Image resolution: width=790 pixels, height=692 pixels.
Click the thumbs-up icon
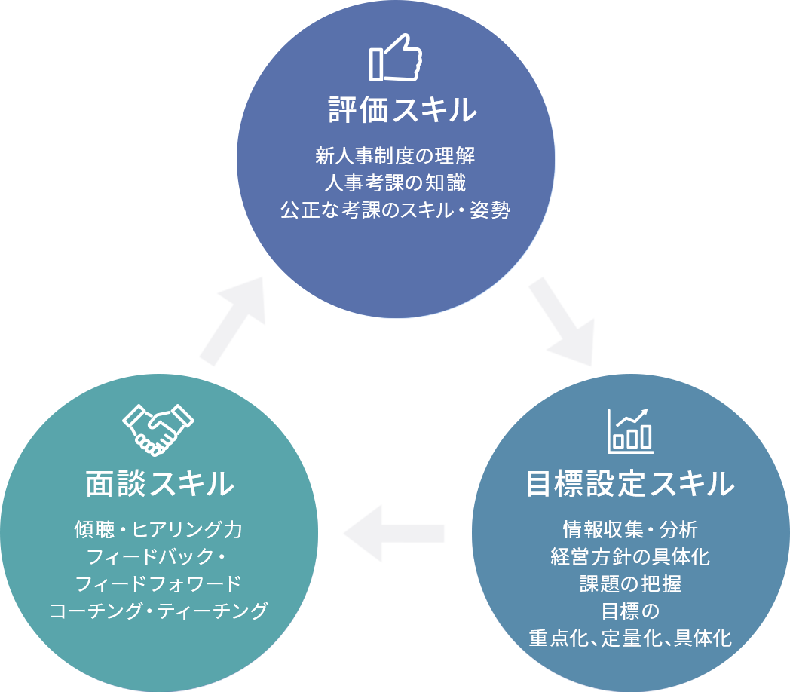coord(396,57)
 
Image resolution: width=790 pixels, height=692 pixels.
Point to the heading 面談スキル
coord(158,484)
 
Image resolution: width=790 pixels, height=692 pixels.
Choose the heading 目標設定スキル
coord(629,484)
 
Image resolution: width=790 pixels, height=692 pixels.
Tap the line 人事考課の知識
coord(396,183)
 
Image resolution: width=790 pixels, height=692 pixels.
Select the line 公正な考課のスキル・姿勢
coord(396,210)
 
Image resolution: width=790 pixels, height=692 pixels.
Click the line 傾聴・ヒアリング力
coord(158,529)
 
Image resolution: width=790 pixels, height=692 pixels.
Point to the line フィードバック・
coord(158,556)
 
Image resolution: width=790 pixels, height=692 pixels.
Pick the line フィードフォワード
coord(158,583)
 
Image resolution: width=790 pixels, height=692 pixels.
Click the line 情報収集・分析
coord(629,529)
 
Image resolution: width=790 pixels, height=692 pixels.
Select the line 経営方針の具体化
coord(629,556)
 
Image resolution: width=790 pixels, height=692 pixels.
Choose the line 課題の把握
coord(629,583)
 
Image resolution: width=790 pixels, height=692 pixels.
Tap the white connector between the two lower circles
coord(394,528)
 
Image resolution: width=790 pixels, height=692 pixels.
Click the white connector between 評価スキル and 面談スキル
coord(219,309)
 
